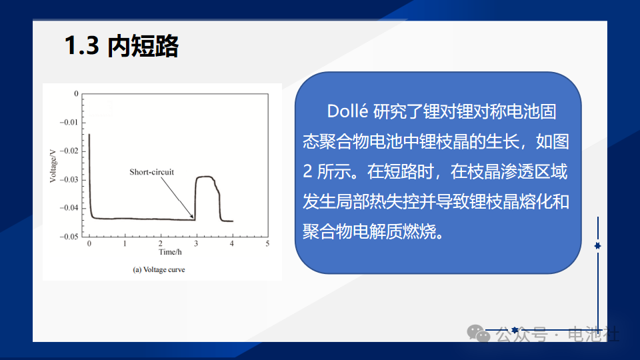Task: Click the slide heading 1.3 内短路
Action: (121, 45)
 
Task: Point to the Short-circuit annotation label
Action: (151, 172)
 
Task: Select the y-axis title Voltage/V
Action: (53, 166)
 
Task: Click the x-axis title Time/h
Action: (170, 252)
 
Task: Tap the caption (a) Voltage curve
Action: (159, 269)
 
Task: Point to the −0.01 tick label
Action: (69, 122)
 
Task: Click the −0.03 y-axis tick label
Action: (69, 179)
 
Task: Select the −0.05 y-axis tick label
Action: (69, 237)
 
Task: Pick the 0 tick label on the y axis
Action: (76, 93)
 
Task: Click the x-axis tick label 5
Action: (267, 243)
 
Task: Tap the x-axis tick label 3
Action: (196, 243)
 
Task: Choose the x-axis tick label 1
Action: (125, 243)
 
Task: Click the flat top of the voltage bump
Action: (205, 177)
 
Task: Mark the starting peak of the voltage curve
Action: (89, 135)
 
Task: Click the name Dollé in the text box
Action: (347, 111)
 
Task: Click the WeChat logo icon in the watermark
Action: (479, 333)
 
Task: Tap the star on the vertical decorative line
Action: (597, 246)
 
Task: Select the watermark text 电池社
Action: (593, 334)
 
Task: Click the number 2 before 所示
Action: (307, 172)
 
